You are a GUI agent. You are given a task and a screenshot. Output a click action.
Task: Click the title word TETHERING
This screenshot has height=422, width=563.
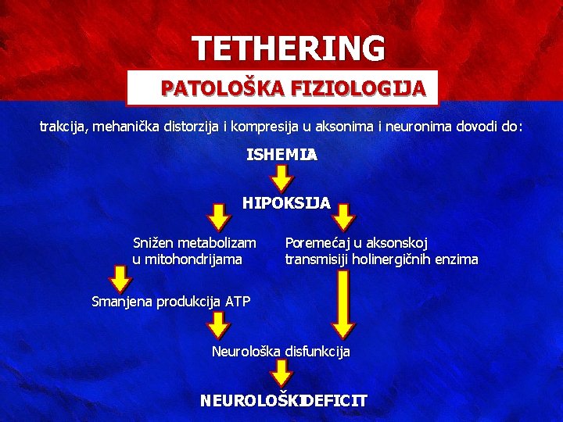[x=289, y=48]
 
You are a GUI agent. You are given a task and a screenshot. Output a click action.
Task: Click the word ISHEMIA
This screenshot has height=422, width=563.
[x=281, y=156]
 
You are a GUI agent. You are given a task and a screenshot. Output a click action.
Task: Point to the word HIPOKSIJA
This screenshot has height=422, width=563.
[x=286, y=203]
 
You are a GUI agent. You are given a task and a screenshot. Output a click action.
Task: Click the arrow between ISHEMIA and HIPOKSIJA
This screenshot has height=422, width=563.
[x=281, y=178]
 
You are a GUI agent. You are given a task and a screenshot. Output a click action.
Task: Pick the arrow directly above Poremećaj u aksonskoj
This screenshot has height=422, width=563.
[x=345, y=217]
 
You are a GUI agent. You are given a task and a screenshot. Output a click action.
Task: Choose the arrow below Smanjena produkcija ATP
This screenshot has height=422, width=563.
[x=220, y=325]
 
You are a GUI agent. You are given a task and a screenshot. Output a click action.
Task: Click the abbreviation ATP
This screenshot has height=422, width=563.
[x=238, y=301]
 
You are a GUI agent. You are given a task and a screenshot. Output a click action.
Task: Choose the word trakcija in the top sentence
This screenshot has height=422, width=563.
[x=63, y=125]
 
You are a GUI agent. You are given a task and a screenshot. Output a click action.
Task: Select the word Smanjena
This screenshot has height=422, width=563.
[x=119, y=301]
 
